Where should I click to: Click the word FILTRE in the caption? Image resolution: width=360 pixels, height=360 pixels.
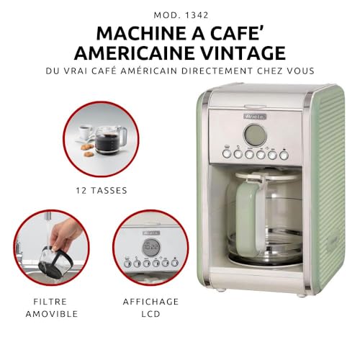(48, 302)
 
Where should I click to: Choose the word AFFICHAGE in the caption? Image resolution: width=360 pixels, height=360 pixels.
(150, 302)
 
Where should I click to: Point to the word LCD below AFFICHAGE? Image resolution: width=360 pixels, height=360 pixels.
(150, 315)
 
